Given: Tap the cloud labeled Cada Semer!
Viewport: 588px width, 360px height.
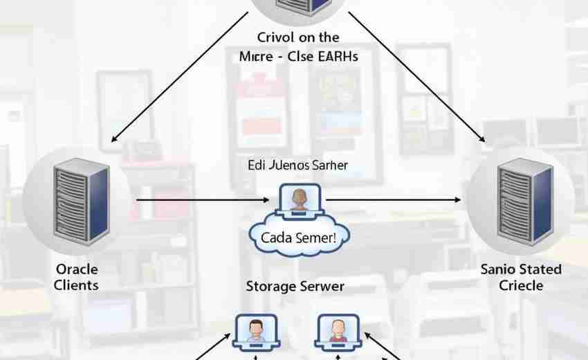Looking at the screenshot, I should pyautogui.click(x=299, y=237).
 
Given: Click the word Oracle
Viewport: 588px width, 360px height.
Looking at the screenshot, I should pyautogui.click(x=77, y=269).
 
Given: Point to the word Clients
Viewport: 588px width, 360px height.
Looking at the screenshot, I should pyautogui.click(x=77, y=285).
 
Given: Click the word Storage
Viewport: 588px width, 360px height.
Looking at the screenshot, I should pyautogui.click(x=270, y=285).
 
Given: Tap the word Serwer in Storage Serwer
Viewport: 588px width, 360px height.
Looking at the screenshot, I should pyautogui.click(x=322, y=285).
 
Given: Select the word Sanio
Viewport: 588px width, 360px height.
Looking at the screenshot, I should pyautogui.click(x=497, y=269).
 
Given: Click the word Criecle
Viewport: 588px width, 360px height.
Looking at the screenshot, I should pyautogui.click(x=521, y=285).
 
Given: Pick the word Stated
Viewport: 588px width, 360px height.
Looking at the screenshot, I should pyautogui.click(x=540, y=269).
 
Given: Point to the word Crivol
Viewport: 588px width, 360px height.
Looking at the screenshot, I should pyautogui.click(x=275, y=38).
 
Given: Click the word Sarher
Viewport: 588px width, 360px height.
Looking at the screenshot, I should pyautogui.click(x=329, y=165).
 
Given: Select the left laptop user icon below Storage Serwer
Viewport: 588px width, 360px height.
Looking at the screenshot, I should pyautogui.click(x=256, y=330).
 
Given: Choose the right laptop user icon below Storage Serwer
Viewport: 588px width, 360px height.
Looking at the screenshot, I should pyautogui.click(x=338, y=330).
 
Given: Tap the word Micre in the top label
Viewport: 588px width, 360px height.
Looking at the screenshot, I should pyautogui.click(x=255, y=57).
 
